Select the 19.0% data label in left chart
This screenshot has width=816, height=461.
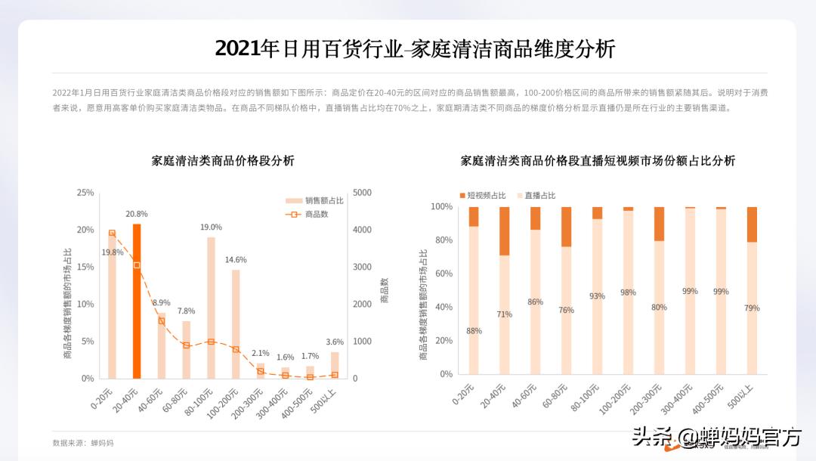click(x=211, y=227)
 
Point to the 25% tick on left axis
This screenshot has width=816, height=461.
click(x=85, y=193)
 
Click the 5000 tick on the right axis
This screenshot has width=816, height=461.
click(x=363, y=193)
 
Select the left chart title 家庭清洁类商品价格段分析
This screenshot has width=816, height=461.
click(x=223, y=161)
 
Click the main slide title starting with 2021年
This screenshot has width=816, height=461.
click(x=415, y=49)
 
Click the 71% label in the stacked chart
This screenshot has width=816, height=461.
click(x=504, y=314)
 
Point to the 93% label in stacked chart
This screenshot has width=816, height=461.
click(x=597, y=296)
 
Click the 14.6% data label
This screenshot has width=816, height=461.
click(x=236, y=260)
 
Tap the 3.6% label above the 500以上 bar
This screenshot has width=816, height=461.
click(x=334, y=342)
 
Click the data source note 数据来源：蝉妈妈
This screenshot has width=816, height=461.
click(x=83, y=442)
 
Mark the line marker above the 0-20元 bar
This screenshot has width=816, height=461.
click(x=112, y=234)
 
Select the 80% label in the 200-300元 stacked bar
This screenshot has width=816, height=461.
click(x=659, y=307)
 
